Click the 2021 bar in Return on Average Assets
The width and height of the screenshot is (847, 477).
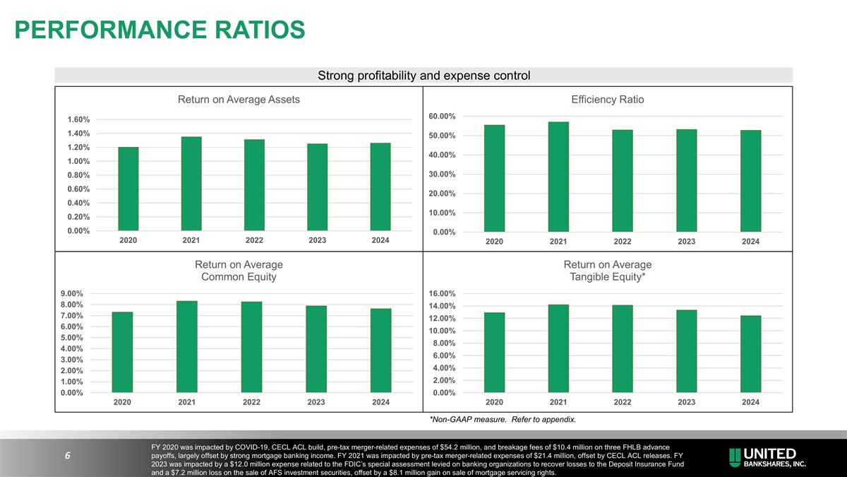[191, 184]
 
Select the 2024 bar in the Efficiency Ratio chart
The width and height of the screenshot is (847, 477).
[750, 181]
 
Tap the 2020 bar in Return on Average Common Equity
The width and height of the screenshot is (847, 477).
[122, 352]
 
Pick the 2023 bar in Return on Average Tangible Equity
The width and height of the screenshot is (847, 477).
[686, 351]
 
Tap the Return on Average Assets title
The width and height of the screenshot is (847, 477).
[239, 100]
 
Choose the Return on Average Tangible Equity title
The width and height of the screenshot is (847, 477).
[608, 271]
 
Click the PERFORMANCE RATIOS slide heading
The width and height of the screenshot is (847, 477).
[160, 30]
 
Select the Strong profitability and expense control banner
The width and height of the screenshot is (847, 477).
[423, 75]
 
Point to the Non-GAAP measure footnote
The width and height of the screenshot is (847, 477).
[503, 420]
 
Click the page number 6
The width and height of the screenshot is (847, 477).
[66, 456]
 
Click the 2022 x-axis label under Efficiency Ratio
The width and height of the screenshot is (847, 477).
[622, 242]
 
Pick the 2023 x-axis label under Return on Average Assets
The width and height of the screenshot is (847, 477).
[317, 240]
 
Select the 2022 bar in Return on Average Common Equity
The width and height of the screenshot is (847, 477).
[251, 347]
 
